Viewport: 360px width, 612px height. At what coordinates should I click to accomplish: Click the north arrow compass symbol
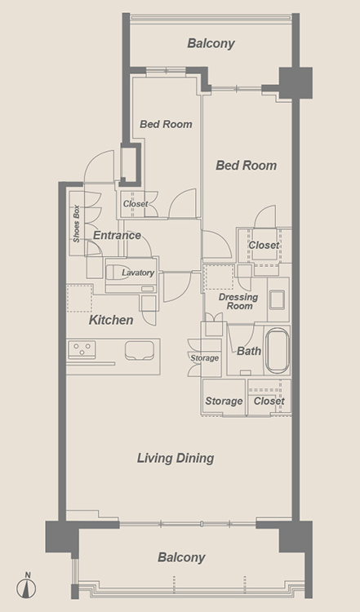(x=26, y=586)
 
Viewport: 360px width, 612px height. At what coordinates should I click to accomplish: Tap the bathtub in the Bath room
(x=278, y=351)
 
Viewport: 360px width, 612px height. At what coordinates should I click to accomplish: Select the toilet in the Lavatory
(x=114, y=273)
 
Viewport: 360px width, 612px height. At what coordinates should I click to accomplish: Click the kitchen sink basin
(x=140, y=350)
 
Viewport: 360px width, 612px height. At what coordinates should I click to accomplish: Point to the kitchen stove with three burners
(x=82, y=350)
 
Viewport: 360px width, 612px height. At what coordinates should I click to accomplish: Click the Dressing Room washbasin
(x=278, y=299)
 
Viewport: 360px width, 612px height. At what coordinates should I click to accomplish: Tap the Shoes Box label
(x=76, y=224)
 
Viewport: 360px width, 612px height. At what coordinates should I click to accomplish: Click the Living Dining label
(x=176, y=458)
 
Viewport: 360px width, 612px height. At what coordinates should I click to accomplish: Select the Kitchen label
(x=111, y=320)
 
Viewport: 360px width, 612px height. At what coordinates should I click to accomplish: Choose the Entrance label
(x=117, y=235)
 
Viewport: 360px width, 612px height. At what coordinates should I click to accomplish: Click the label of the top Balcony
(x=211, y=43)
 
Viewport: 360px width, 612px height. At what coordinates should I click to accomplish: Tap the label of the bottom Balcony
(x=181, y=557)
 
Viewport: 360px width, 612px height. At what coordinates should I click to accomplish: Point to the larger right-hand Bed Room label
(x=246, y=166)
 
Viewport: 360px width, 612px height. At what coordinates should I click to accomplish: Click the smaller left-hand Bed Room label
(x=166, y=124)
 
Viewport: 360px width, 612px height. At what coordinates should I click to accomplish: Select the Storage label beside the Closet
(x=224, y=401)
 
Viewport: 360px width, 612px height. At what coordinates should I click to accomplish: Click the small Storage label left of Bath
(x=204, y=358)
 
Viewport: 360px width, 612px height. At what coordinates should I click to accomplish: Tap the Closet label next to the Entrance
(x=136, y=204)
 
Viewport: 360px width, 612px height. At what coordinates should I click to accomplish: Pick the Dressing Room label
(x=238, y=301)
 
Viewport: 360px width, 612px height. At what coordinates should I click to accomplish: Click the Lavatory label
(x=138, y=273)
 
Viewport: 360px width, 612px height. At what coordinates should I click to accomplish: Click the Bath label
(x=249, y=351)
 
